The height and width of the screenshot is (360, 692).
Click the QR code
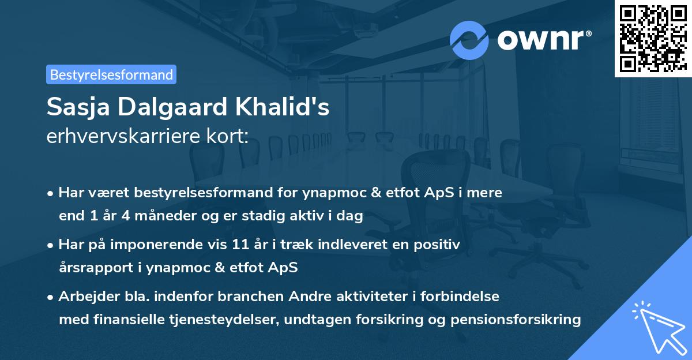(653, 39)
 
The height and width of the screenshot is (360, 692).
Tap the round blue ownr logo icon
(469, 40)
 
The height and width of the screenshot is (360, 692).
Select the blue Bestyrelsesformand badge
(111, 74)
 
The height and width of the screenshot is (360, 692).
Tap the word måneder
(159, 216)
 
